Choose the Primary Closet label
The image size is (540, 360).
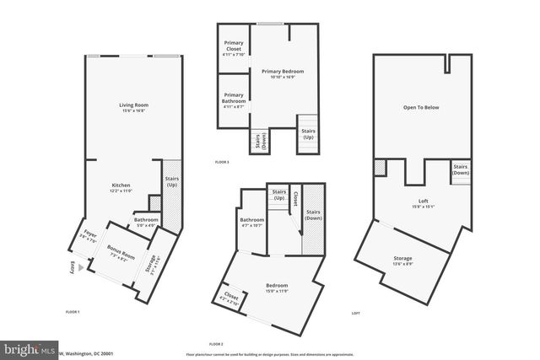(234, 51)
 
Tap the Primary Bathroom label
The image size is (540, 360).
(234, 101)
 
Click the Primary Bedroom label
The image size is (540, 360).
(281, 73)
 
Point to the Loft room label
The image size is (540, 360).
(424, 202)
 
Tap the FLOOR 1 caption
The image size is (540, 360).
(73, 312)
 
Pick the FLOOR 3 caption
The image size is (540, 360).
(222, 161)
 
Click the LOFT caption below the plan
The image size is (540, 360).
(355, 313)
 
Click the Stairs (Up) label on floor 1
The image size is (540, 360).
(171, 180)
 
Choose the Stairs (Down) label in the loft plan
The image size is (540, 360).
(461, 169)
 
